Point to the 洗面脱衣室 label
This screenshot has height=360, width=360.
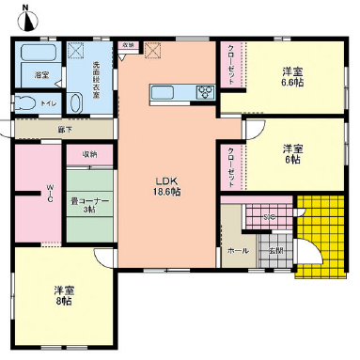click(x=96, y=79)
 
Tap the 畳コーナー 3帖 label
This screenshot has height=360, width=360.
click(x=88, y=204)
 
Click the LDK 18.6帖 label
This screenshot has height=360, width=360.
click(x=167, y=186)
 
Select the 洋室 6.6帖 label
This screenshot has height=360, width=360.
click(x=292, y=77)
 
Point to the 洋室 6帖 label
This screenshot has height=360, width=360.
click(x=293, y=155)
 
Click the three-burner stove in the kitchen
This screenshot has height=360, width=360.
click(x=205, y=91)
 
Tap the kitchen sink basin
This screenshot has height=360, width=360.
click(x=160, y=92)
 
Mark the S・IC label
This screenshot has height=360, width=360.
click(x=269, y=218)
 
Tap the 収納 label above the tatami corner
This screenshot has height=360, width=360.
click(x=88, y=153)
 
